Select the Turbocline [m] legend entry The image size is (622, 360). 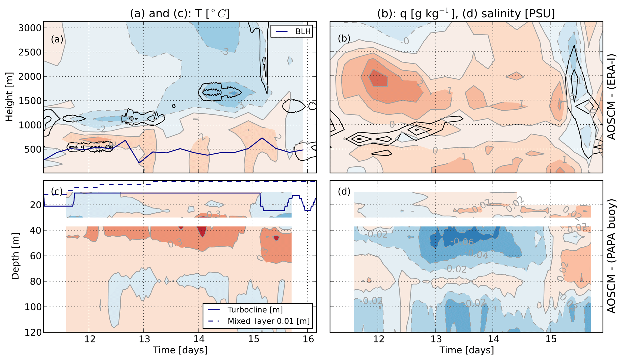[255, 310]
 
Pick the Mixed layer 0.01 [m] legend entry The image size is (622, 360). [268, 321]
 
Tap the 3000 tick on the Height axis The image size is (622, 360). [30, 28]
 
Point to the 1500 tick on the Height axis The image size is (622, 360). [30, 101]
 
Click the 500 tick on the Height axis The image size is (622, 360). [32, 149]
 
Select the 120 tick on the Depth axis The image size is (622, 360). [33, 332]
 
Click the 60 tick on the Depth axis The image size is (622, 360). [35, 256]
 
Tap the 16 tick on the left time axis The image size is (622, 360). [308, 339]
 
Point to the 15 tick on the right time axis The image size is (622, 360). [551, 339]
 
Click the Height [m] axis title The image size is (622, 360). [9, 97]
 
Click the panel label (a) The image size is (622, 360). [57, 39]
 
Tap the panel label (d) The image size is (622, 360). [344, 192]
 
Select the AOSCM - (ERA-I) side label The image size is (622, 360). [611, 97]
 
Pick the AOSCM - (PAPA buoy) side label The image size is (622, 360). [611, 256]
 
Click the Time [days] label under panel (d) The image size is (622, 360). [466, 350]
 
